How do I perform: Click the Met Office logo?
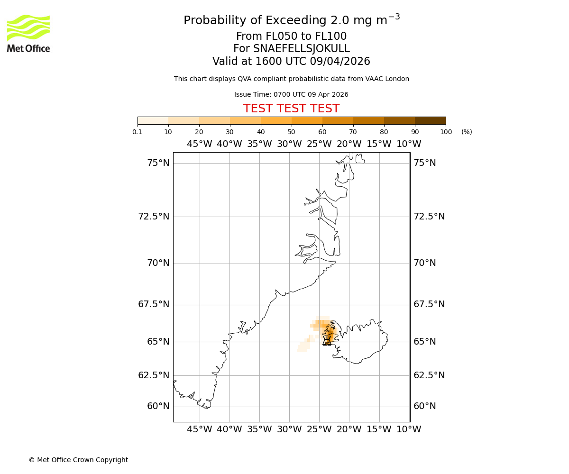[28, 33]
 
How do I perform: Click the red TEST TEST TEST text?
[291, 109]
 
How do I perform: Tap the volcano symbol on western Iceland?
[327, 340]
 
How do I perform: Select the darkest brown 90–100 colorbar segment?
[430, 120]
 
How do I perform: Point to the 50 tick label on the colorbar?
[291, 132]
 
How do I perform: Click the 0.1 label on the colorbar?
[138, 132]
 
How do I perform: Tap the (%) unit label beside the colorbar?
[467, 132]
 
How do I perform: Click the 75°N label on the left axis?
[158, 163]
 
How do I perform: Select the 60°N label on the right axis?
[424, 406]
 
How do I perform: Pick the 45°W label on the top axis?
[199, 144]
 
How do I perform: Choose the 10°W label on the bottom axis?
[409, 429]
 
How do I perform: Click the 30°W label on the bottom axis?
[289, 429]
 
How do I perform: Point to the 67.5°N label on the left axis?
[154, 304]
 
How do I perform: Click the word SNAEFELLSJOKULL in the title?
[302, 49]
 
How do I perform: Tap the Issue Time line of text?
[291, 95]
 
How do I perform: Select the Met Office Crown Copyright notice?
[78, 460]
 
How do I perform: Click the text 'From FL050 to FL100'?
[291, 36]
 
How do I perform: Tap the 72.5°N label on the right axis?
[429, 217]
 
